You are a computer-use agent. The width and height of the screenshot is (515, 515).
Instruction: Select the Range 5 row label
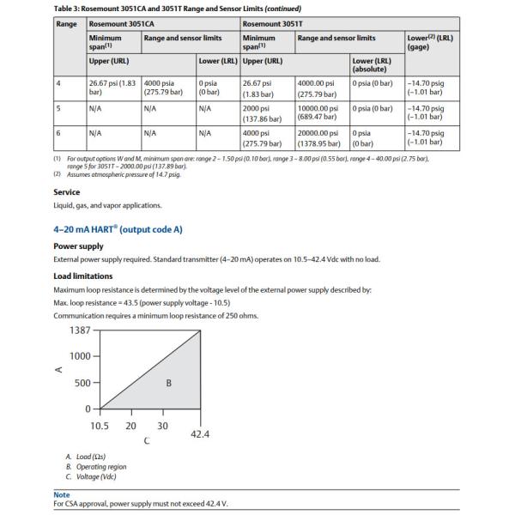[x=58, y=108]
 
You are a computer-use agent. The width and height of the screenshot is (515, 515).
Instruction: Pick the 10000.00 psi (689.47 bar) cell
[x=319, y=112]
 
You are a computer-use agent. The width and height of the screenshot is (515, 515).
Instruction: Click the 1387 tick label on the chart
[x=80, y=330]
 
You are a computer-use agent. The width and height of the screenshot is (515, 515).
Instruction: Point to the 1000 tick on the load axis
[x=81, y=356]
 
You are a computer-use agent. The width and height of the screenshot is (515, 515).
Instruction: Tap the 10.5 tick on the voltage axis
[x=100, y=426]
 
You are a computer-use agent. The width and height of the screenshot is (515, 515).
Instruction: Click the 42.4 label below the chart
[x=199, y=434]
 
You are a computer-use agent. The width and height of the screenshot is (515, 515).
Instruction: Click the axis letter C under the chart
[x=147, y=441]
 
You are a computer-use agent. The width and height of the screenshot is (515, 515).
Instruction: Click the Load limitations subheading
[x=82, y=276]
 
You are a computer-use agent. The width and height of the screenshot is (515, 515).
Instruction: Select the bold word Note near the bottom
[x=64, y=494]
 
